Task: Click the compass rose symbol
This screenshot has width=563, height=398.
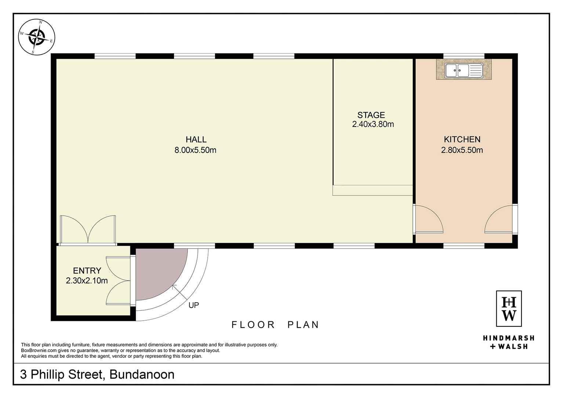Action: (x=37, y=37)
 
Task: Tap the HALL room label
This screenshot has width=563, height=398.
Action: (x=196, y=139)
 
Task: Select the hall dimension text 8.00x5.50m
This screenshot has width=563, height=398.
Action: (x=196, y=150)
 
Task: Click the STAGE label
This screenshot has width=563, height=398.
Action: (x=371, y=115)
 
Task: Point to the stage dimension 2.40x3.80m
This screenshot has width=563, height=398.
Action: (x=373, y=124)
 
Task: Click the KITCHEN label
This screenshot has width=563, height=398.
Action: (x=462, y=139)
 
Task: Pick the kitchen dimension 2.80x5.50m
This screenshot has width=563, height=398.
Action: (x=462, y=150)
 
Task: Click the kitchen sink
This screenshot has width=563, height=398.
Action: (x=464, y=70)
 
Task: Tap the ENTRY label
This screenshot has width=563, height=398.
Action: (x=87, y=271)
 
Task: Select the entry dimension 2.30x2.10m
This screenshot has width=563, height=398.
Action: (x=87, y=281)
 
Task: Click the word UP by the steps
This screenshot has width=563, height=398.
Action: (x=194, y=305)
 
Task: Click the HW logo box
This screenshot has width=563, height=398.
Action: (x=509, y=309)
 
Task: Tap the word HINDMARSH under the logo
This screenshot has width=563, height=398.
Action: (x=509, y=338)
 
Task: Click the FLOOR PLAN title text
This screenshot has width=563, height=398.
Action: (x=275, y=325)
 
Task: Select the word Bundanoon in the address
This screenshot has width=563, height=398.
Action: (x=142, y=375)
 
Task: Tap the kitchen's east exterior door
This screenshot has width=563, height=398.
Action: (x=501, y=219)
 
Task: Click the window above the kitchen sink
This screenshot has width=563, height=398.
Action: (x=464, y=56)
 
